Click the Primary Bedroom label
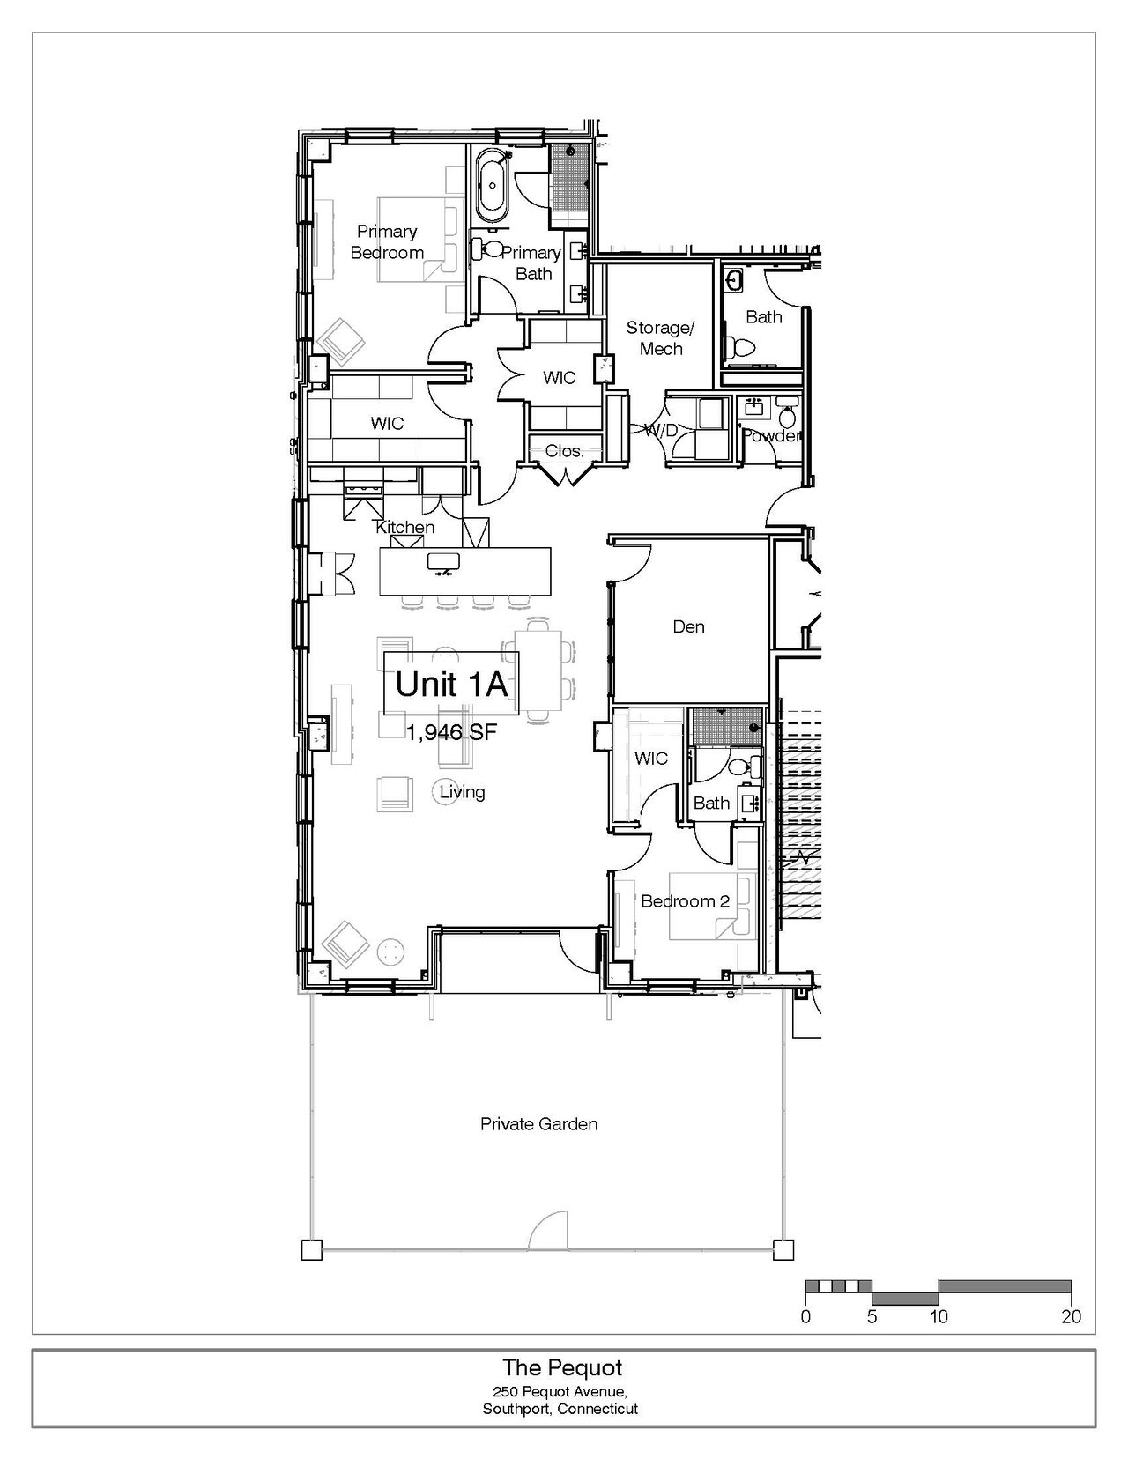[387, 242]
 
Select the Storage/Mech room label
[661, 338]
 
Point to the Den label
[688, 627]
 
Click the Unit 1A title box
[451, 683]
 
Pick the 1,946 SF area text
[451, 732]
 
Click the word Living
[462, 792]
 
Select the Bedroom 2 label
[685, 901]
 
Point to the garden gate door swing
[548, 1231]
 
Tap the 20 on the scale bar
[1072, 1316]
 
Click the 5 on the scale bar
[872, 1316]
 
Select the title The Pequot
[562, 1367]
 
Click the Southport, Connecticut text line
[560, 1408]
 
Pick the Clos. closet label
[564, 451]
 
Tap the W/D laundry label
[661, 430]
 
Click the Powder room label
[771, 436]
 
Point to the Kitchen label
[404, 527]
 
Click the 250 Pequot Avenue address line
[560, 1390]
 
